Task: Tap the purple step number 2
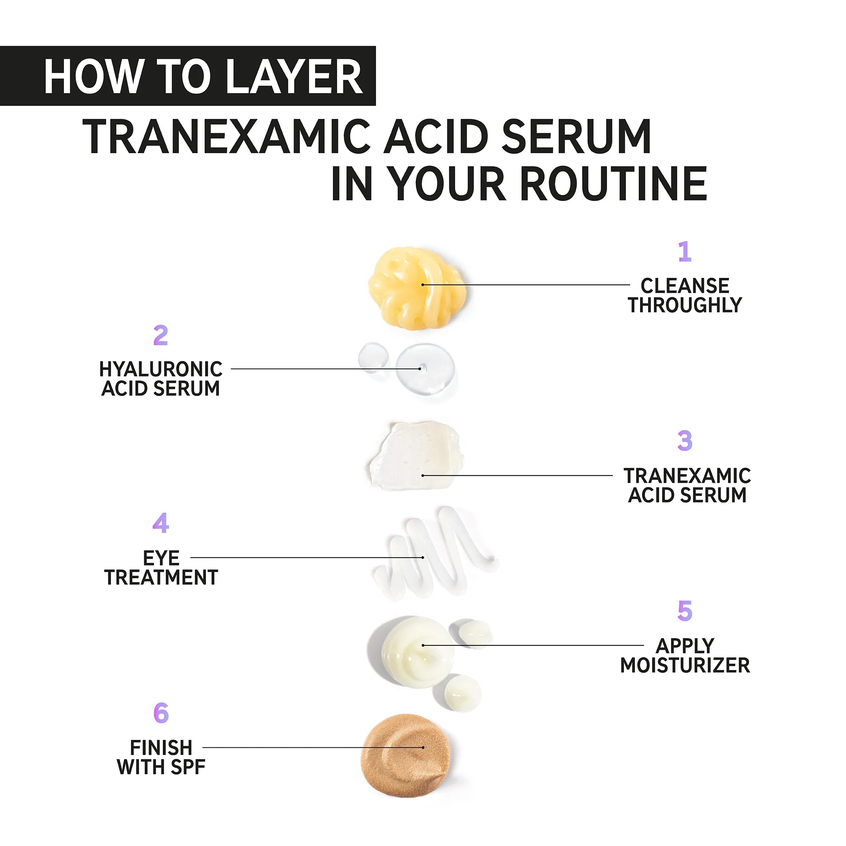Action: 161,335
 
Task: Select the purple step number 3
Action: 685,441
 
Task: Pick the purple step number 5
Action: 685,611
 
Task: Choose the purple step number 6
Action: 161,713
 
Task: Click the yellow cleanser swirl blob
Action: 415,287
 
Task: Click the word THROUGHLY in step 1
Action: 685,305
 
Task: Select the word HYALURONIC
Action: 161,369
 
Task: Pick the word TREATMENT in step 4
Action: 161,577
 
